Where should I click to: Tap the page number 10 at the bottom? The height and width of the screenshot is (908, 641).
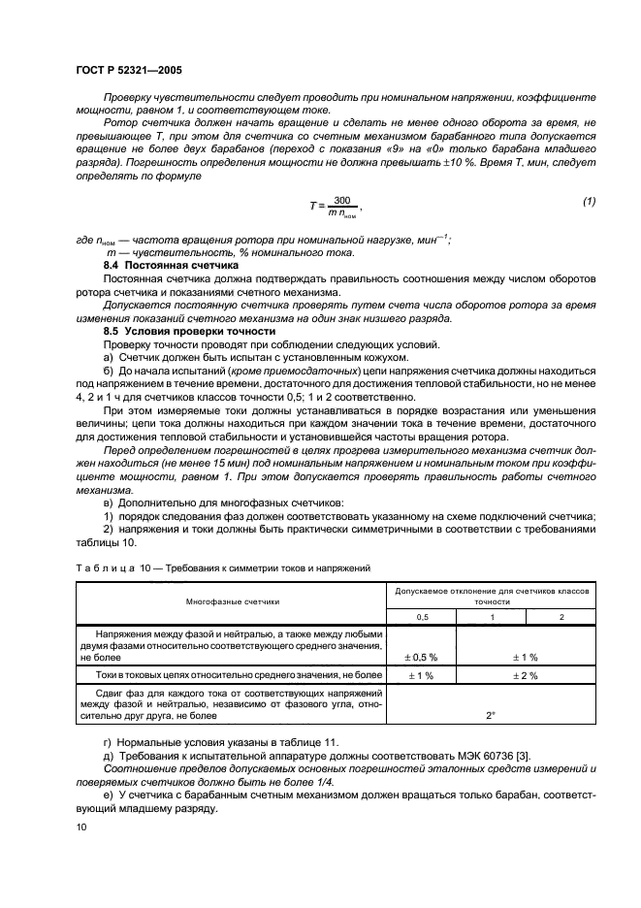click(x=80, y=826)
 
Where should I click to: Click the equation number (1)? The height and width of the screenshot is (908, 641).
click(x=587, y=200)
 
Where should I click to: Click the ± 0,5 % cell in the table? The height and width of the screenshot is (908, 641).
click(x=422, y=657)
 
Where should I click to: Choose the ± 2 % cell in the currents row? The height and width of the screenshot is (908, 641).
click(x=528, y=674)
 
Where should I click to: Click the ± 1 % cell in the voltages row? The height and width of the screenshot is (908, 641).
click(x=528, y=657)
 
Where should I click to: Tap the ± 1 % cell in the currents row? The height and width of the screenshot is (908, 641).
click(x=422, y=674)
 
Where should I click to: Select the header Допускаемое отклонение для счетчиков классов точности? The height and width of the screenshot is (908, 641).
click(x=492, y=596)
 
